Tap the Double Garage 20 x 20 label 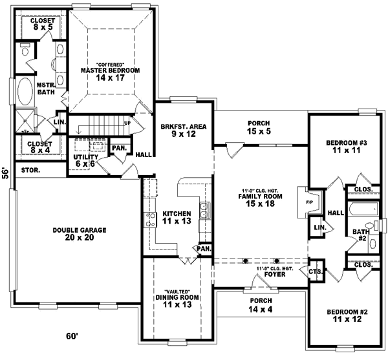[x=80, y=233]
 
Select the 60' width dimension [x=72, y=336]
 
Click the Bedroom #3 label [x=339, y=145]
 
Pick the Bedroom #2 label [x=347, y=315]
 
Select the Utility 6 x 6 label [x=85, y=160]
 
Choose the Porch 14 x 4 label [x=261, y=304]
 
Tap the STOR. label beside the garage [x=30, y=171]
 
